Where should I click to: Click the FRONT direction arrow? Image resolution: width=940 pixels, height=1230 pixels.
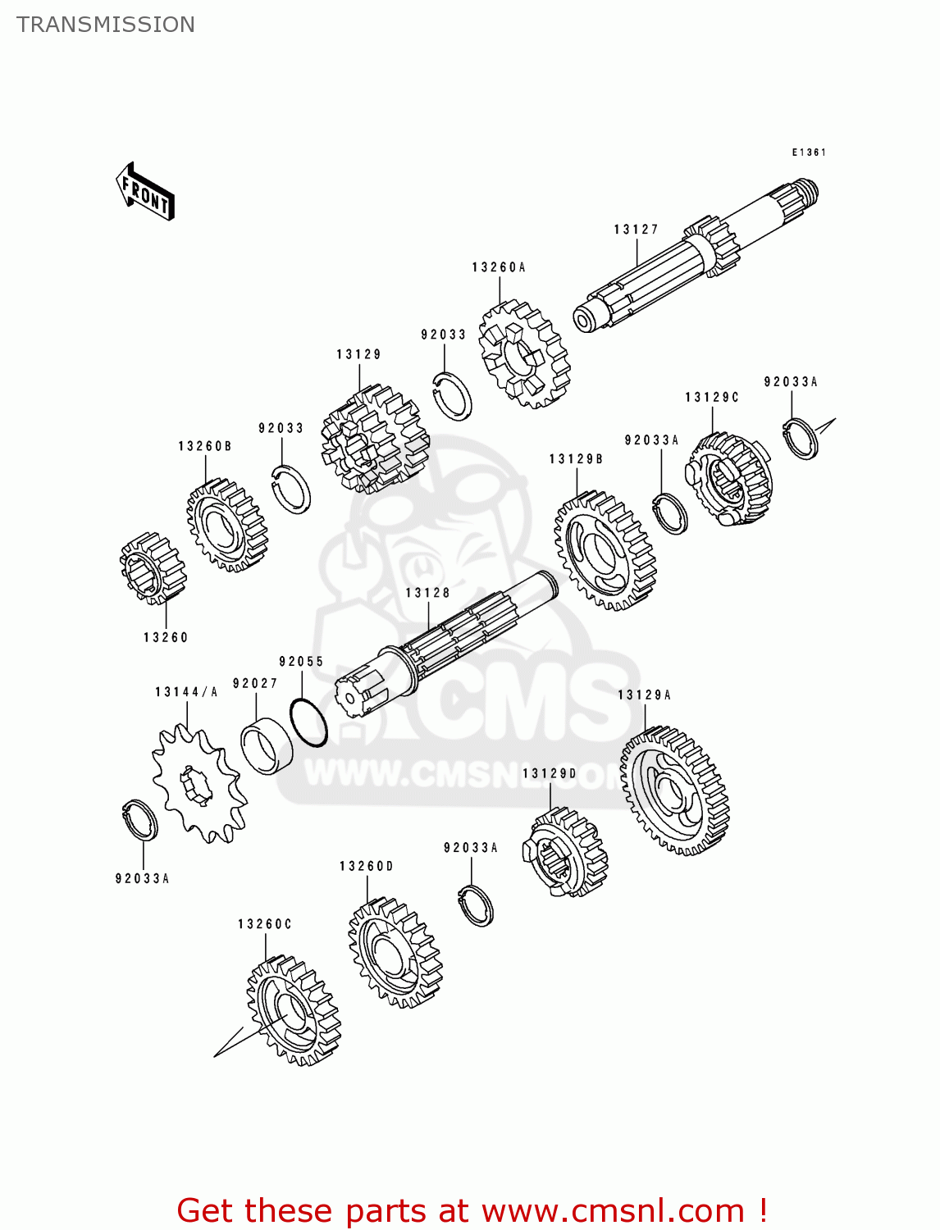tap(145, 192)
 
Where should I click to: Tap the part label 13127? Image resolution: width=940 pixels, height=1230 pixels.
tap(636, 230)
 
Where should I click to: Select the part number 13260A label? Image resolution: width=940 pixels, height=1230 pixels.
tap(498, 267)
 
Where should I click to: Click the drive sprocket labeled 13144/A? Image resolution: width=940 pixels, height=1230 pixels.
tap(198, 784)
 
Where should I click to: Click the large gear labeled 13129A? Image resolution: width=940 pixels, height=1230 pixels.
tap(674, 790)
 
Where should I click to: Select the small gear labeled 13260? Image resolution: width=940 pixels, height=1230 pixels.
tap(153, 567)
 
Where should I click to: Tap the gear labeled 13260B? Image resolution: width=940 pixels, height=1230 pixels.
tap(226, 525)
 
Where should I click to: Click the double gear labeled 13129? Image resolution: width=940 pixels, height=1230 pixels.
tap(375, 440)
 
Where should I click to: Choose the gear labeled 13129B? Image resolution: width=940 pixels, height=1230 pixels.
tap(605, 550)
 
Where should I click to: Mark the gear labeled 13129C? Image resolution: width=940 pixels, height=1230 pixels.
tap(728, 481)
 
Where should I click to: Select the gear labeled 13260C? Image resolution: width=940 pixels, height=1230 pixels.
tap(293, 1009)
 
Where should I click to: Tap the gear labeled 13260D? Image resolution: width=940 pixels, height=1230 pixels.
tap(395, 952)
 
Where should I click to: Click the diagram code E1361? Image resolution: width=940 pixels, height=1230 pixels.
tap(808, 153)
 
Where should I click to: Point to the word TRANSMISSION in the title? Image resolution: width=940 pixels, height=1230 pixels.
tap(106, 25)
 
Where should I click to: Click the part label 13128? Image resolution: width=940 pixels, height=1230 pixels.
tap(427, 593)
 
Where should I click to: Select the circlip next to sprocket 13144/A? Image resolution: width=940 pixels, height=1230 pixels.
tap(140, 819)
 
